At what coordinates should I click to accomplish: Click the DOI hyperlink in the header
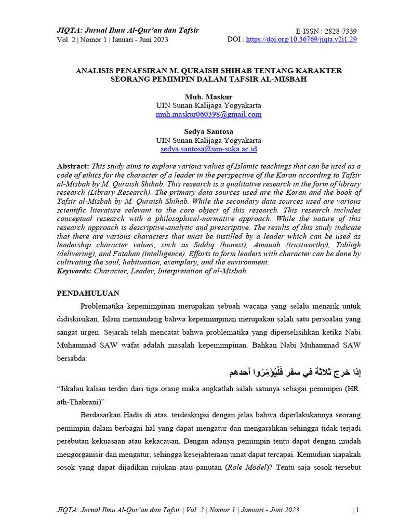[301, 39]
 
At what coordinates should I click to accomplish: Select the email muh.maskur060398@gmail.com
[208, 114]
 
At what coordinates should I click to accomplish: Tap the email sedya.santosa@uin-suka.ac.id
[208, 149]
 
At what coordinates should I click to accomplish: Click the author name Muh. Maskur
[208, 97]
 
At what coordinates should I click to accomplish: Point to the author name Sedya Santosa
[208, 131]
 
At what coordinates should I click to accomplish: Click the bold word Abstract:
[73, 166]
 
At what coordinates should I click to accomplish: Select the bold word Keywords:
[74, 271]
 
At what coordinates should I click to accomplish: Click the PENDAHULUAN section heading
[88, 293]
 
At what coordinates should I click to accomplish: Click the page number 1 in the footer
[356, 510]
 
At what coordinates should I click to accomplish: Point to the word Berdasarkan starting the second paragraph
[103, 415]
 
